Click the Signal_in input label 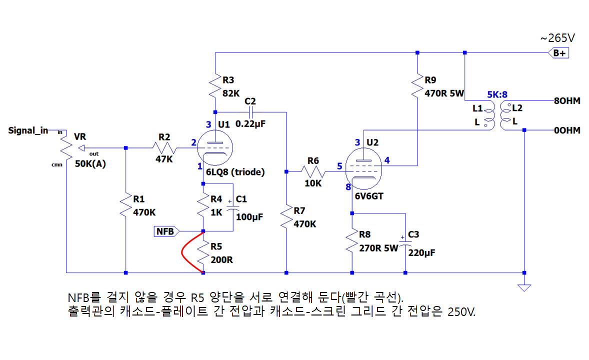(28, 130)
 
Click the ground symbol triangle (524, 287)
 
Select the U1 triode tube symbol (215, 147)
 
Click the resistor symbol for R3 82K (215, 86)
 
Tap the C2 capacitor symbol (250, 112)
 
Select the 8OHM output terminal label (566, 101)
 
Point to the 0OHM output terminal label (566, 130)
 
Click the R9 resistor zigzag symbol (417, 86)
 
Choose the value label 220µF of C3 (421, 252)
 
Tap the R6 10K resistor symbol (313, 172)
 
